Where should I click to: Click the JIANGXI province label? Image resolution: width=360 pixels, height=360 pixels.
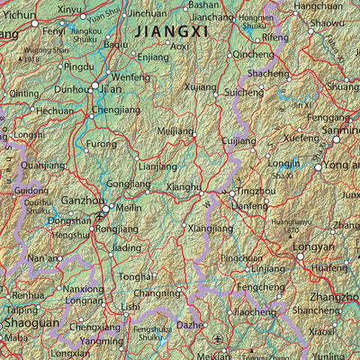pyautogui.click(x=171, y=31)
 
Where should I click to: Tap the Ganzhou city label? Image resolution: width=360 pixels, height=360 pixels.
pyautogui.click(x=82, y=202)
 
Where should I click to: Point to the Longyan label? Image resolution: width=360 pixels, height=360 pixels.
pyautogui.click(x=315, y=247)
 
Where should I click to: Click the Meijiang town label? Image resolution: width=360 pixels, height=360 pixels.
pyautogui.click(x=175, y=131)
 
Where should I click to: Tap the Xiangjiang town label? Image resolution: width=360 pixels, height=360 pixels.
pyautogui.click(x=210, y=229)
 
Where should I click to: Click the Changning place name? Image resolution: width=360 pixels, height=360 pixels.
pyautogui.click(x=157, y=293)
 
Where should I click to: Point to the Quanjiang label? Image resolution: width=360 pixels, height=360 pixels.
pyautogui.click(x=42, y=166)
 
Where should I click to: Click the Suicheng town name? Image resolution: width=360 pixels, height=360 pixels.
pyautogui.click(x=245, y=93)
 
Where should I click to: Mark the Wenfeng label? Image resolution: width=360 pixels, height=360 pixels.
pyautogui.click(x=130, y=78)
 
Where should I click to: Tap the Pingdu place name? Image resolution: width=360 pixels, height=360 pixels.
pyautogui.click(x=78, y=67)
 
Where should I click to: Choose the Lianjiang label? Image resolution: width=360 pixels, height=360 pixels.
pyautogui.click(x=158, y=167)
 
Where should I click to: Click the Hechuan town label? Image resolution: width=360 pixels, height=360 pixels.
pyautogui.click(x=54, y=111)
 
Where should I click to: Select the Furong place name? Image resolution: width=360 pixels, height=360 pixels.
pyautogui.click(x=101, y=144)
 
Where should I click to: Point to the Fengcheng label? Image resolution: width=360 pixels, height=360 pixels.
pyautogui.click(x=256, y=287)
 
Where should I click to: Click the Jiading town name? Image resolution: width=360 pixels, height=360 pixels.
pyautogui.click(x=127, y=247)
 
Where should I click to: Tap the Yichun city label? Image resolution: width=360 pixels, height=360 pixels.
pyautogui.click(x=20, y=15)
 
